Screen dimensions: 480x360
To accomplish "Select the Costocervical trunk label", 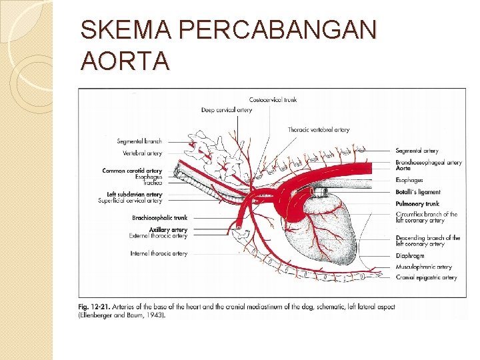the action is coord(273,100).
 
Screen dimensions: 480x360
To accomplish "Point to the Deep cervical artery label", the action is coord(227,110).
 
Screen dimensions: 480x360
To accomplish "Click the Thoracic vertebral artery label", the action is coord(319,129).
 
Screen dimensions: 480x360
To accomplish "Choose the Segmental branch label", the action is coord(139,141).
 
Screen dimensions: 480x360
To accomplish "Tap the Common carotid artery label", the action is coord(132,171).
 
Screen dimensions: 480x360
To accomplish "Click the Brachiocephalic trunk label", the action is coord(160,217).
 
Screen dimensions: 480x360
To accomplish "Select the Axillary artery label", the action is coord(169,230).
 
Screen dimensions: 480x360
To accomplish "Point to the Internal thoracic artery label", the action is coord(159,253).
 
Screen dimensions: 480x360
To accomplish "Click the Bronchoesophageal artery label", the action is coord(429,162).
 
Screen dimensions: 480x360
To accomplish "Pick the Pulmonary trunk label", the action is coord(417,203).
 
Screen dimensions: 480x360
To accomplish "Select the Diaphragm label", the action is coord(410,255).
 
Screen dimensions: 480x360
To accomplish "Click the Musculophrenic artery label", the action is coord(423,267).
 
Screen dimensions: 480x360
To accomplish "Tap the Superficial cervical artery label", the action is coord(130,200).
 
